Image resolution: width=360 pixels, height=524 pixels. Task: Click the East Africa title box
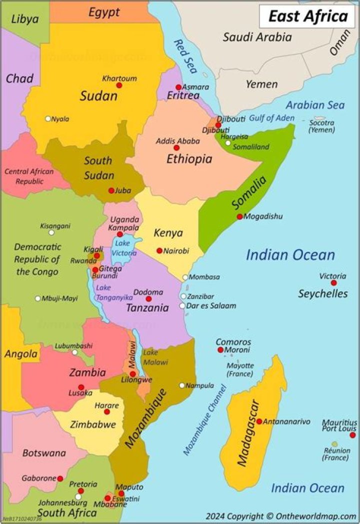(308, 16)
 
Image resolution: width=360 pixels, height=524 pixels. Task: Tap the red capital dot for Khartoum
(119, 86)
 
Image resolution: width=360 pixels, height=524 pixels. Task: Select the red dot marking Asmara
(178, 87)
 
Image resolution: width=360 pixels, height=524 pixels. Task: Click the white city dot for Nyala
(48, 119)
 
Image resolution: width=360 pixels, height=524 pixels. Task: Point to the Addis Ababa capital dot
(176, 148)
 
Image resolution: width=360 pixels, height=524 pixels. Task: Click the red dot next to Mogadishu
(240, 217)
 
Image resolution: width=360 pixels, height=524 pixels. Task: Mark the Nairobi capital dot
(159, 251)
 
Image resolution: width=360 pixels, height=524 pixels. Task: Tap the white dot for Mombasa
(185, 277)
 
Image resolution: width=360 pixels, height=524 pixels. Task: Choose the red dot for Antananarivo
(259, 421)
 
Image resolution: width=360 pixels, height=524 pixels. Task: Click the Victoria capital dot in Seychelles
(333, 283)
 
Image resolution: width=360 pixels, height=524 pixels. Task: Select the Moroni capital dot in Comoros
(220, 350)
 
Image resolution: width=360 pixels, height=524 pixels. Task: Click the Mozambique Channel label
(205, 419)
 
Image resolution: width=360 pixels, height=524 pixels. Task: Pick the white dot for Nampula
(182, 385)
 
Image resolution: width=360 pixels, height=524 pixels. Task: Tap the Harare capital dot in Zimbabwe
(107, 412)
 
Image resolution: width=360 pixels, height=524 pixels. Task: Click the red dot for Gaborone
(60, 478)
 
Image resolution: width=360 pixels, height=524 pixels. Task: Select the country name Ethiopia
(189, 160)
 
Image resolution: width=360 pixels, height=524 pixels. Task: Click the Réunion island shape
(334, 444)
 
